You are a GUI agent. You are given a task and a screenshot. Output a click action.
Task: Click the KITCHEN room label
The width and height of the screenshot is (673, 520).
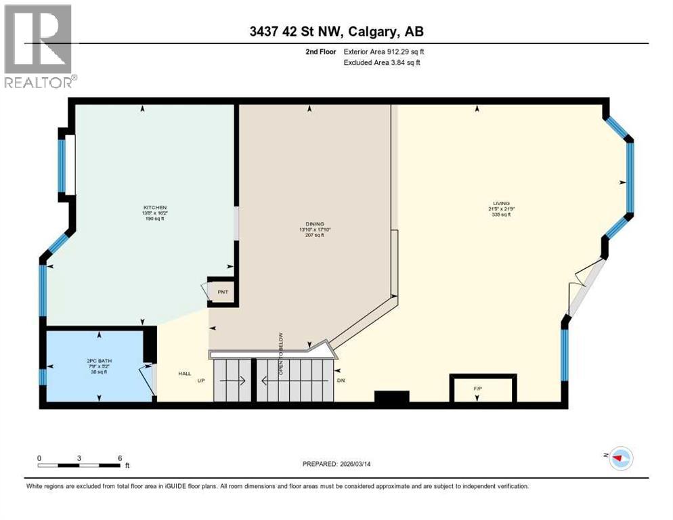[x=154, y=207]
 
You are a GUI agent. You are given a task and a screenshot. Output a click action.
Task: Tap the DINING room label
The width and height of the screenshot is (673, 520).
[x=315, y=223]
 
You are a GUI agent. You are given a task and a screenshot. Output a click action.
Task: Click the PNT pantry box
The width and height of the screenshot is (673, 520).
[x=222, y=291]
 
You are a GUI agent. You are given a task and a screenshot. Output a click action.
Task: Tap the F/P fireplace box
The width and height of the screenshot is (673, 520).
[x=477, y=387]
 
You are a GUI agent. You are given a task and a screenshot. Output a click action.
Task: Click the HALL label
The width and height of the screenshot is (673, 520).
[x=184, y=373]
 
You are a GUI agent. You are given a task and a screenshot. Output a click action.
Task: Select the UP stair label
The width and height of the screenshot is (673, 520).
[x=201, y=381]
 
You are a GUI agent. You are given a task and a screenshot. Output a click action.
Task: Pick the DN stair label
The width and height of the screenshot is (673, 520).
[x=341, y=381]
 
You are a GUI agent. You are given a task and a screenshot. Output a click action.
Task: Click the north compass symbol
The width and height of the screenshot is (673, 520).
[x=620, y=458]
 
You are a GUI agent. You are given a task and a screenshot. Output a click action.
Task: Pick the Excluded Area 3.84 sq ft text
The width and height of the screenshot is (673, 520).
[x=381, y=63]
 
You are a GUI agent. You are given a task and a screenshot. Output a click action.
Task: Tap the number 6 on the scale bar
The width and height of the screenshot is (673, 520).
[x=119, y=458]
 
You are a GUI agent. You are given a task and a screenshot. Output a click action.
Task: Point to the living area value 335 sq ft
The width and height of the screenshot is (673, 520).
[x=502, y=214]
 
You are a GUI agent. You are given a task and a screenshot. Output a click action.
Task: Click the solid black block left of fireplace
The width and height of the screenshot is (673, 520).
[x=392, y=397]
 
